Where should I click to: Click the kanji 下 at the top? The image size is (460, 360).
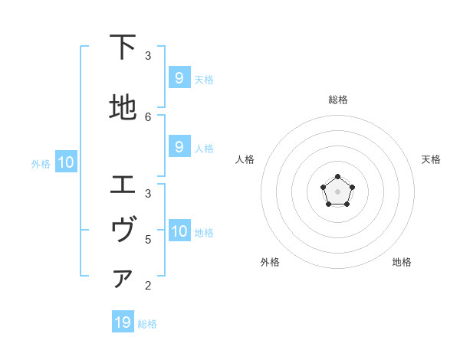pos(123,47)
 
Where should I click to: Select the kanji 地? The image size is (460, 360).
pos(123,108)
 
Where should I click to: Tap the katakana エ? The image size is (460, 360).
pos(123,185)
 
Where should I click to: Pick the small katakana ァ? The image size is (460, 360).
pos(123,280)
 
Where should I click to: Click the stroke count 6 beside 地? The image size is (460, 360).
pos(148,116)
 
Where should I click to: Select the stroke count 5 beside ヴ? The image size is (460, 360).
pos(148,239)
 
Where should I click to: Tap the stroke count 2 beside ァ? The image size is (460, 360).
pos(148,286)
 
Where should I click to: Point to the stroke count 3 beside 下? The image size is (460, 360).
pos(148,56)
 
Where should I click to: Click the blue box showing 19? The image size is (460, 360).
pos(123,322)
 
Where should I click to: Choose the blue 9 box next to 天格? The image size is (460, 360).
pos(179,78)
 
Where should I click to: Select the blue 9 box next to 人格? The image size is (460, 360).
pos(179,147)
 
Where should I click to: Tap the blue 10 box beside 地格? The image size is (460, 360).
pos(179,231)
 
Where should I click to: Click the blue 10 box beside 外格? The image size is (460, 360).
pos(65,162)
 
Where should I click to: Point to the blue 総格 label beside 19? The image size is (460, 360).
pos(147,324)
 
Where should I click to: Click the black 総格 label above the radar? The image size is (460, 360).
pos(337,100)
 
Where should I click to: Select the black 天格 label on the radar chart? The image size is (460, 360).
pos(431,159)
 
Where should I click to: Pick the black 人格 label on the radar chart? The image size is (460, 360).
pos(245,159)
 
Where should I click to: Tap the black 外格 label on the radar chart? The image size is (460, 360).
pos(270,262)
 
